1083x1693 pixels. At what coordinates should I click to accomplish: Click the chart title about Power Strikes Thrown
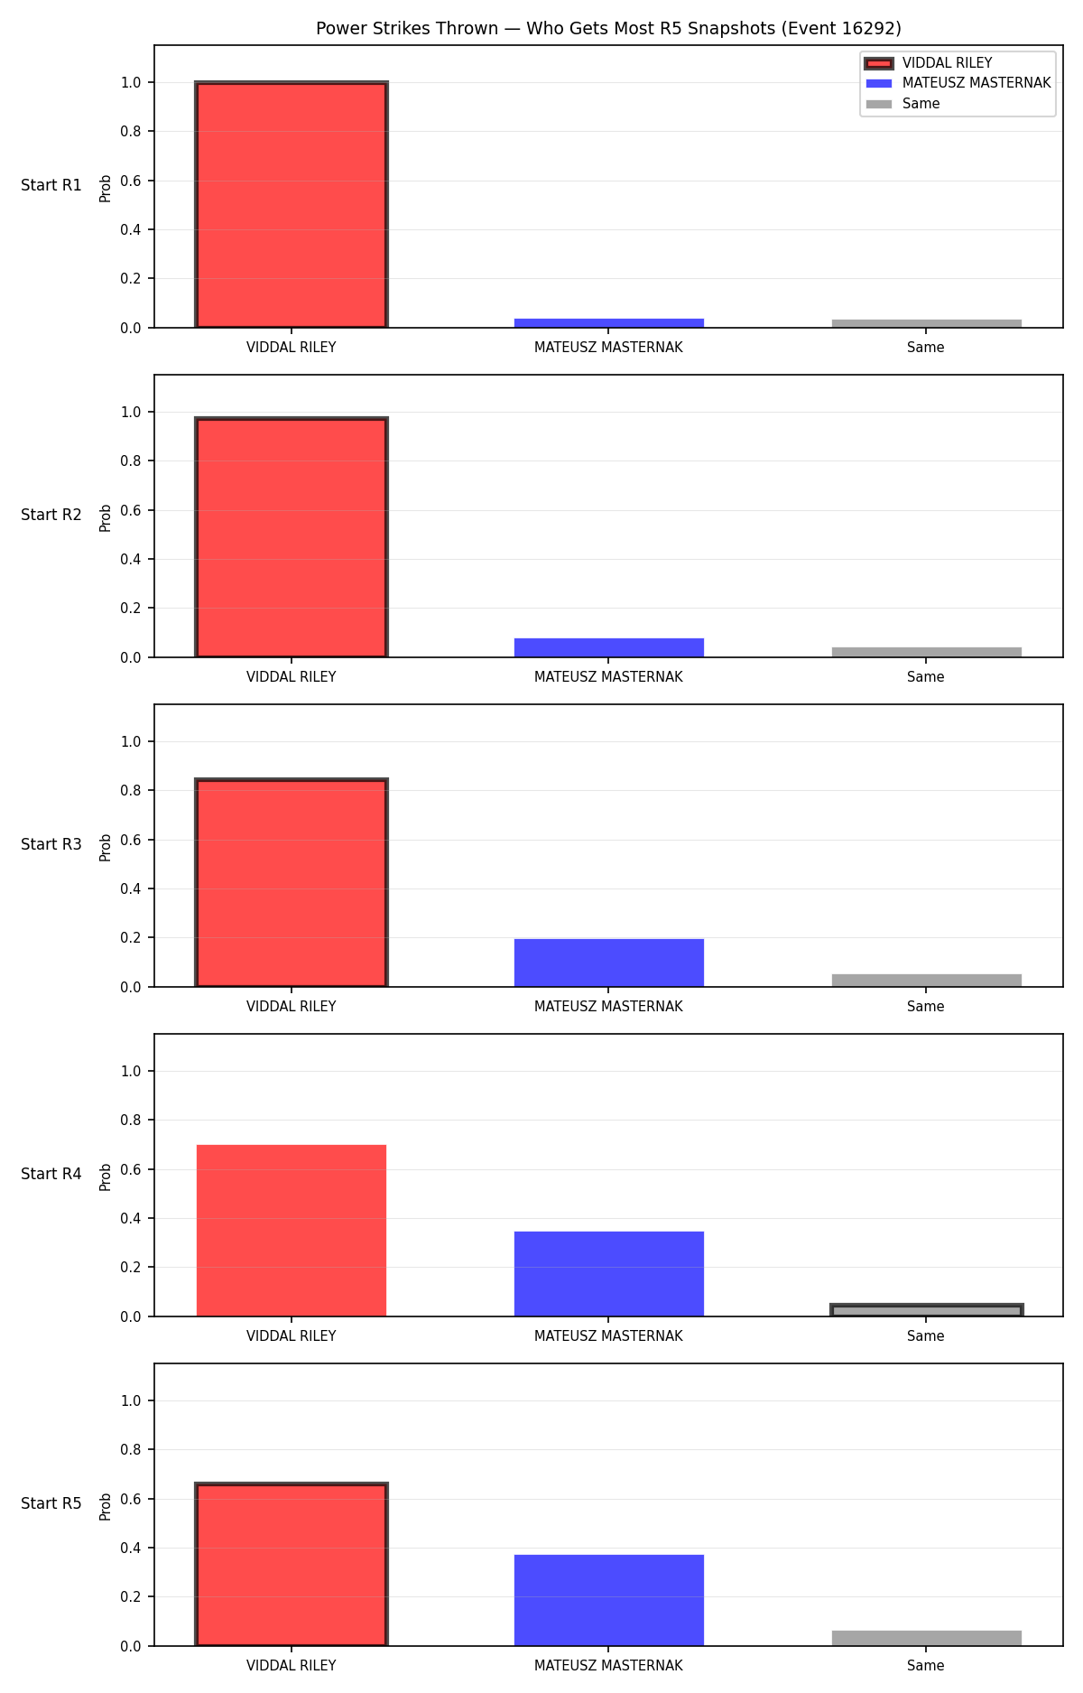pos(608,29)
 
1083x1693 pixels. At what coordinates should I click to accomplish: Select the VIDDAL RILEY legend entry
pos(929,63)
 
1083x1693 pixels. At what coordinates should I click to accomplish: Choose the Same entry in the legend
pos(902,104)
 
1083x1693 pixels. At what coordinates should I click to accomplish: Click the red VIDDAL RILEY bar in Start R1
pos(292,205)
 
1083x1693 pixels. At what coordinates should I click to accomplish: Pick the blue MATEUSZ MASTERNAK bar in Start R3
pos(609,963)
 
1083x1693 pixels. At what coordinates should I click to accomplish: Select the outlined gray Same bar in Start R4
pos(927,1310)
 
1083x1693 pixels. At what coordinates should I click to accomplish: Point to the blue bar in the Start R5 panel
pos(609,1600)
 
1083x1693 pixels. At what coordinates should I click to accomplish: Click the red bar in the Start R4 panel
pos(292,1231)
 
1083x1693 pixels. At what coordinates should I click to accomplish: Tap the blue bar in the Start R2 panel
pos(609,647)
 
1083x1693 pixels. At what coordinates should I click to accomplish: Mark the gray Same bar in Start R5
pos(927,1638)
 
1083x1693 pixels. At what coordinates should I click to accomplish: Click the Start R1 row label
pos(51,185)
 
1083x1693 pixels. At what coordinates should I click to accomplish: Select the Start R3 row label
pos(51,844)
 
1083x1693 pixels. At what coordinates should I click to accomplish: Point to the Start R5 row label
pos(51,1503)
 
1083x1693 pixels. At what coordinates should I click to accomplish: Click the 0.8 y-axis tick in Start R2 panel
pos(131,460)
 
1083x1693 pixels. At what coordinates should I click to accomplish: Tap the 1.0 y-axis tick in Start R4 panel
pos(131,1071)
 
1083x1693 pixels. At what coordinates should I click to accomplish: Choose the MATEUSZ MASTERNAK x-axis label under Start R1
pos(608,348)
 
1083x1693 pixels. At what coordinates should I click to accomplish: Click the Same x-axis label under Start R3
pos(926,1007)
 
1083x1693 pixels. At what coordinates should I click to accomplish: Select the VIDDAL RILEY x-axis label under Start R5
pos(292,1666)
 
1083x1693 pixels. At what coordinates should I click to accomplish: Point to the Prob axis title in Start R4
pos(106,1177)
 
